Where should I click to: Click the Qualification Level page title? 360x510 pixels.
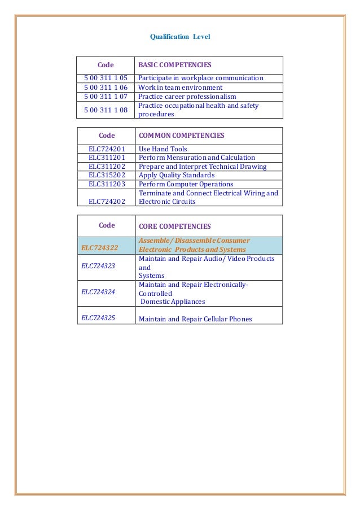(x=179, y=37)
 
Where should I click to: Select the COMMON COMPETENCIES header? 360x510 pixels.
(x=181, y=136)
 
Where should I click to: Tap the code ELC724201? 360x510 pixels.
(x=107, y=149)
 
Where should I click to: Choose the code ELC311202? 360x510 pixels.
(x=107, y=167)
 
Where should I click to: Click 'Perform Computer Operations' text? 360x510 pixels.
(x=186, y=184)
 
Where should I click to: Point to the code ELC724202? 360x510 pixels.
(x=107, y=201)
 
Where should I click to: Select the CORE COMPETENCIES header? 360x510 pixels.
(x=174, y=226)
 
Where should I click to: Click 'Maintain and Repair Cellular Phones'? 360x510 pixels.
(x=195, y=319)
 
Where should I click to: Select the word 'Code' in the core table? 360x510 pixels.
(x=107, y=225)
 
